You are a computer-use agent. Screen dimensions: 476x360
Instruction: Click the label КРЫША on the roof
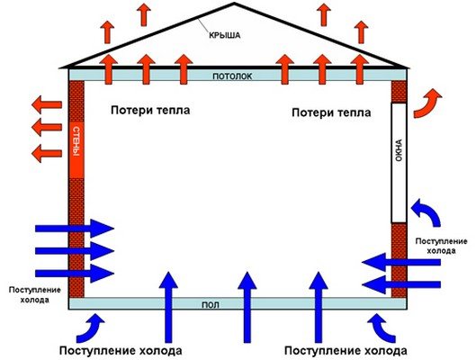click(225, 35)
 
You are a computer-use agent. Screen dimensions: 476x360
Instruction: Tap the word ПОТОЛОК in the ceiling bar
click(232, 76)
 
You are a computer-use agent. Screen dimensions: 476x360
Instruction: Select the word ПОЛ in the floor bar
click(211, 305)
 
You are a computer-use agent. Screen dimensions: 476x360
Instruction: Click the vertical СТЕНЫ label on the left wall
click(76, 142)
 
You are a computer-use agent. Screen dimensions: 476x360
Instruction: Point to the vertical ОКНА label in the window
click(399, 150)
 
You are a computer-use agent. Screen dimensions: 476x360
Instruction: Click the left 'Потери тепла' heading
click(150, 110)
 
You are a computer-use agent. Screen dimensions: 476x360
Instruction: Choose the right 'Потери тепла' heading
click(331, 112)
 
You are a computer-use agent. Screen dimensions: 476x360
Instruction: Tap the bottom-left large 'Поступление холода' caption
click(121, 351)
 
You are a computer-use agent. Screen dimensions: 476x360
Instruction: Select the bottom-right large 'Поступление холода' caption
click(346, 351)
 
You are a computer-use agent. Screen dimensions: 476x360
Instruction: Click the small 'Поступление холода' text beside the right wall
click(442, 247)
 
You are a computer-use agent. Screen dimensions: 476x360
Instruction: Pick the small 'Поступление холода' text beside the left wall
click(34, 294)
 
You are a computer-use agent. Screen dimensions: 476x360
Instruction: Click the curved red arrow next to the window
click(426, 104)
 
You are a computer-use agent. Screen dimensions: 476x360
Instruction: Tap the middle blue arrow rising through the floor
click(247, 307)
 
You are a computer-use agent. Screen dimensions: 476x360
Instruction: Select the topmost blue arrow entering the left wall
click(75, 229)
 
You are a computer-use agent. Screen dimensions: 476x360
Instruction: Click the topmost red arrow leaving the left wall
click(47, 105)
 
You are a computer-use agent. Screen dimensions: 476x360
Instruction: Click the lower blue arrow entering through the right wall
click(401, 284)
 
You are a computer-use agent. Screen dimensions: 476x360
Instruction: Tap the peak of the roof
click(234, 4)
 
